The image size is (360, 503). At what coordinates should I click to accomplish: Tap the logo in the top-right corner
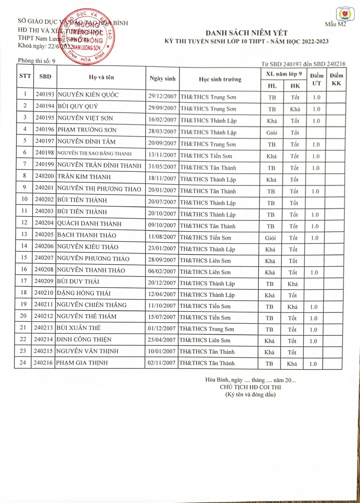(345, 14)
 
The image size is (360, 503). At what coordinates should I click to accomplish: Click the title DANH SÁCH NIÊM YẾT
(246, 33)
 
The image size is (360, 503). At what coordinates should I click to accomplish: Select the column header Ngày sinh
(162, 78)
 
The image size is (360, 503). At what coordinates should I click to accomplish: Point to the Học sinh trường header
(220, 79)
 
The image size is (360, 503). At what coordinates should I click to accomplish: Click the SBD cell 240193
(45, 94)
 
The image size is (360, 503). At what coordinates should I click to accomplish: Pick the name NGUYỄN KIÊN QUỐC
(88, 95)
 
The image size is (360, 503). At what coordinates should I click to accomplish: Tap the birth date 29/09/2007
(162, 108)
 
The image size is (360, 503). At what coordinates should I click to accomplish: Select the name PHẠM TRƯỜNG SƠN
(87, 130)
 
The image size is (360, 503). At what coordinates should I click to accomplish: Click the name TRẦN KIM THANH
(84, 177)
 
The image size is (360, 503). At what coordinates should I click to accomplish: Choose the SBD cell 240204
(44, 223)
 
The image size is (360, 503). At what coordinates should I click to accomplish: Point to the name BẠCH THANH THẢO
(87, 235)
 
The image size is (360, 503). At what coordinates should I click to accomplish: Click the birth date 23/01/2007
(162, 248)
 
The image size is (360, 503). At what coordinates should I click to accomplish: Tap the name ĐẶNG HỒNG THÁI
(84, 293)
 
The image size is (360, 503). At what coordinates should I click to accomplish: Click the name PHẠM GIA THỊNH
(82, 362)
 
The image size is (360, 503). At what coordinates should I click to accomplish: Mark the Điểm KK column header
(336, 79)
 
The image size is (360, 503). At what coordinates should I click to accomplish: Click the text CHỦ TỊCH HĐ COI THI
(250, 387)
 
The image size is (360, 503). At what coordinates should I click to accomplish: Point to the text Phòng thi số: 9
(37, 61)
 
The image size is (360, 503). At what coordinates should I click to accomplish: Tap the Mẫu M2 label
(335, 24)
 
